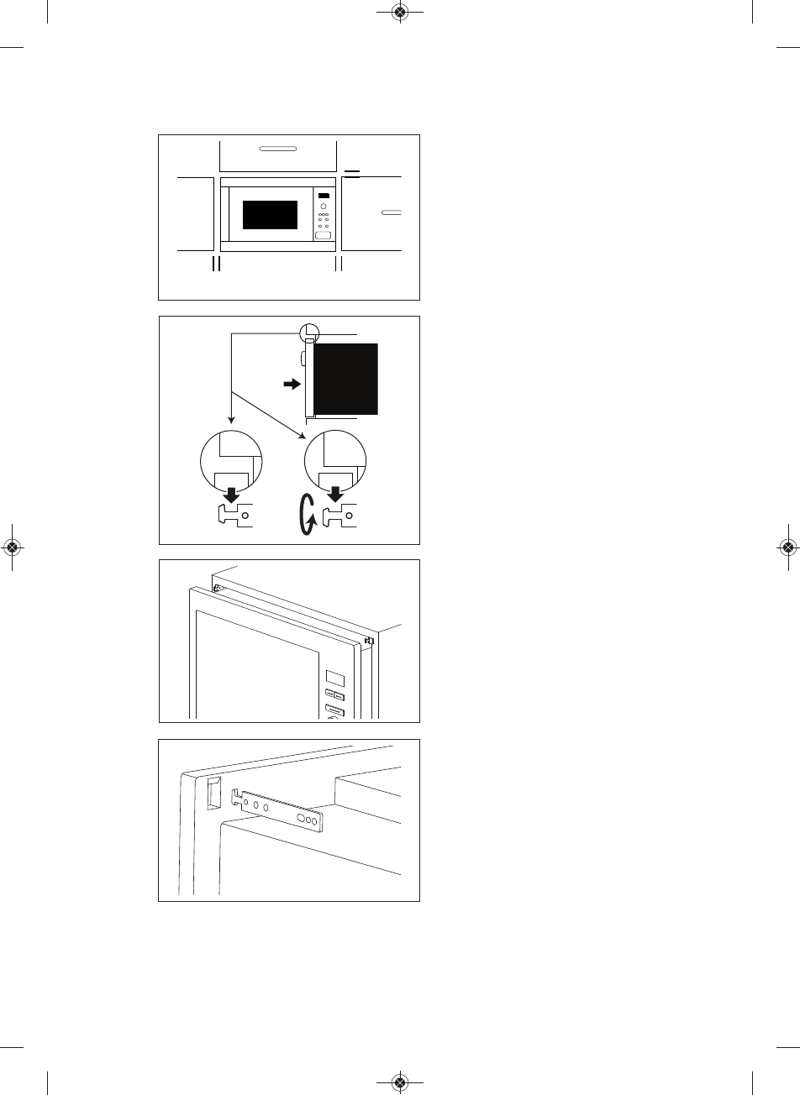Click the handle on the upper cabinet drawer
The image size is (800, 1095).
point(277,149)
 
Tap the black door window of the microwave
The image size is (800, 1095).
point(270,215)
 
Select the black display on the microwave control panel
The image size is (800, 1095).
point(324,196)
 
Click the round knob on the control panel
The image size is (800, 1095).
point(324,207)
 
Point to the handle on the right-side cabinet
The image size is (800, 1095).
point(391,213)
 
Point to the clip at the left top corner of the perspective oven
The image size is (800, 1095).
point(217,588)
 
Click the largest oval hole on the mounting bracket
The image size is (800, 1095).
point(299,815)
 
